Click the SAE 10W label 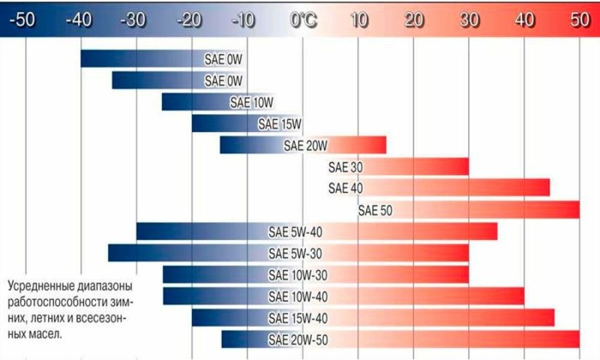tap(251, 103)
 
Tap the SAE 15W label tap(280, 124)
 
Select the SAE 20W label tap(306, 145)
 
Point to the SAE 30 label tap(345, 166)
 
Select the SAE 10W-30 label tap(296, 275)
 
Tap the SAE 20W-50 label tap(296, 340)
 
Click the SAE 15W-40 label tap(296, 319)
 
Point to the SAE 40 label tap(345, 188)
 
